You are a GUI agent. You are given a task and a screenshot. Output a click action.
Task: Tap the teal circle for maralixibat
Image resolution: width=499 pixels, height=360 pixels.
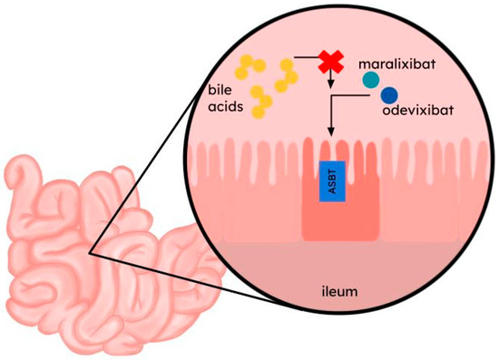[x=371, y=80]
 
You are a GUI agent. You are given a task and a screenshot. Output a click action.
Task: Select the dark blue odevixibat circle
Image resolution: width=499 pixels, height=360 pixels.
[x=389, y=95]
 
